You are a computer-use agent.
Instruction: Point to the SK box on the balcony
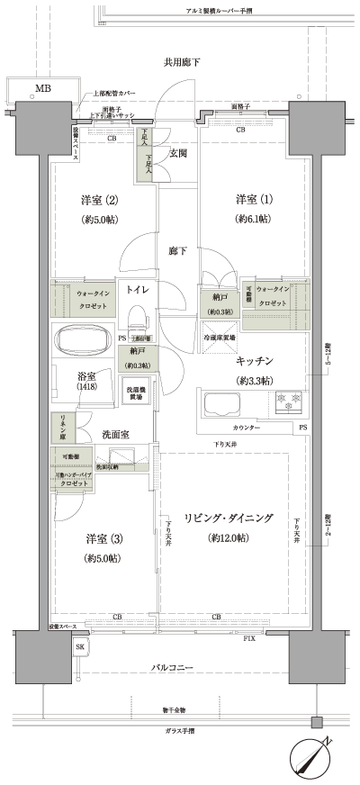pyautogui.click(x=79, y=648)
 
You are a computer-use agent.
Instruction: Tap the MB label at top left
pyautogui.click(x=42, y=88)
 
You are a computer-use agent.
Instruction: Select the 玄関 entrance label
pyautogui.click(x=177, y=153)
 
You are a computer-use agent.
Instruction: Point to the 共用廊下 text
pyautogui.click(x=181, y=62)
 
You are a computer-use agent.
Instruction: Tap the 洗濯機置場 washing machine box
pyautogui.click(x=139, y=392)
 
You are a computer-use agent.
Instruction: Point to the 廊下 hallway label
pyautogui.click(x=177, y=251)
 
